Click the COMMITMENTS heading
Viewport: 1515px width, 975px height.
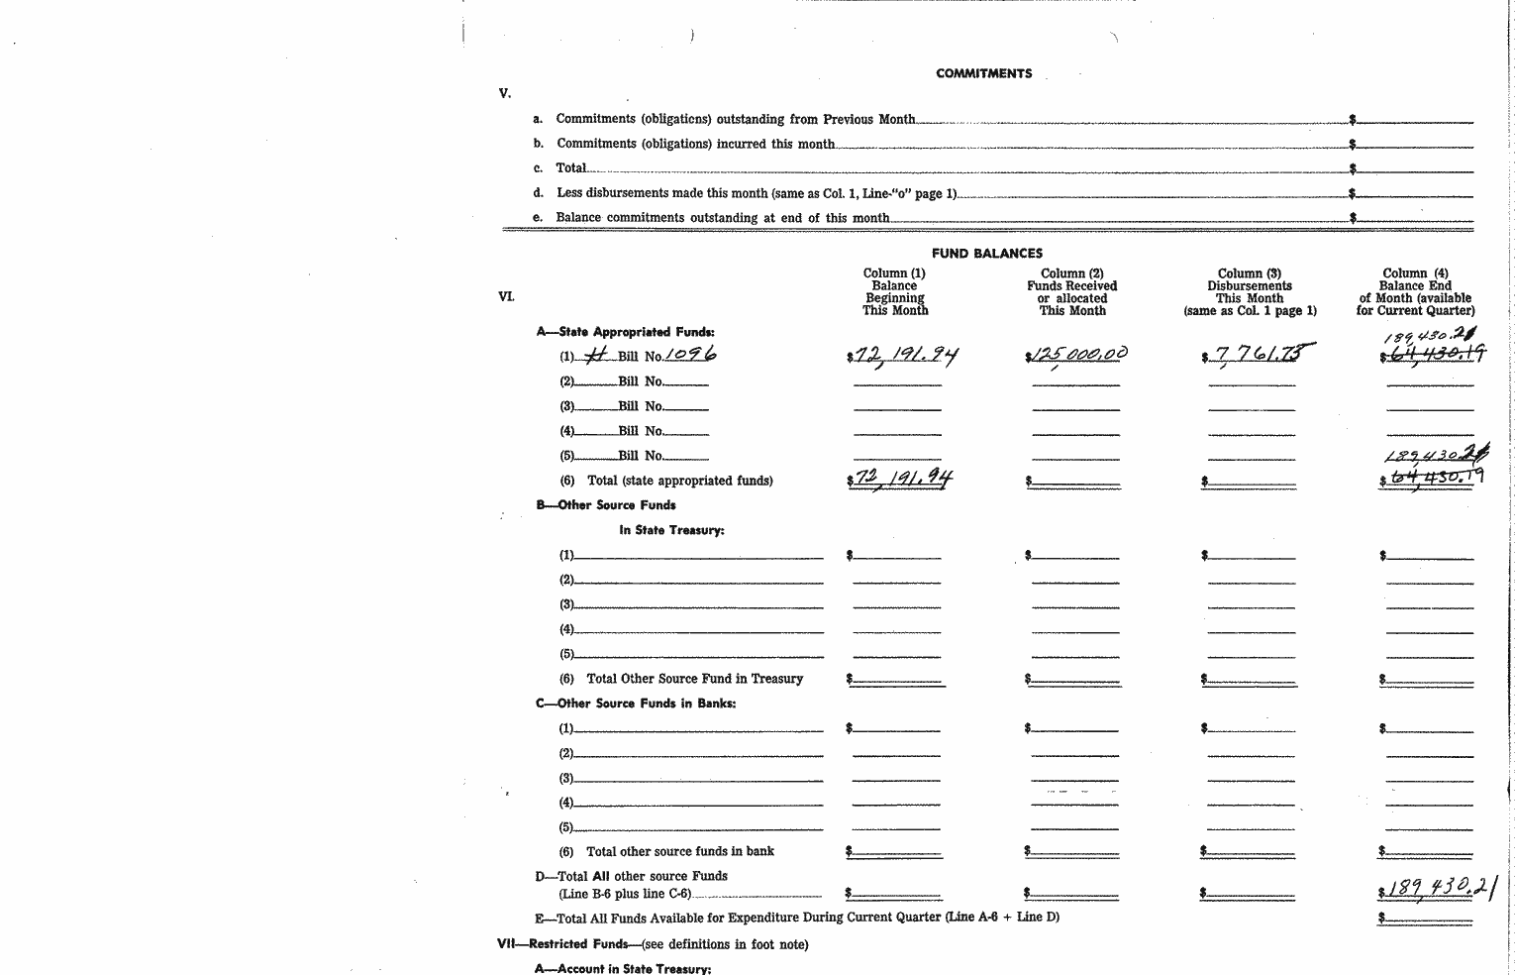pos(983,73)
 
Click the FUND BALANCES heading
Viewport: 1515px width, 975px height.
pos(986,254)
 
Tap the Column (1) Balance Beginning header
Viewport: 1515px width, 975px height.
pos(894,291)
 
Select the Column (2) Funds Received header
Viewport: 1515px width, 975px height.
pos(1071,291)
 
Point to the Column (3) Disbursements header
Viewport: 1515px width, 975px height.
pos(1250,291)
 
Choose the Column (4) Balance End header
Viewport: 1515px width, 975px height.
pos(1415,291)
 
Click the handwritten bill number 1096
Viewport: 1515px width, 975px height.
pos(690,355)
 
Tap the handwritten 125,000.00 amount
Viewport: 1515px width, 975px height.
pos(1077,354)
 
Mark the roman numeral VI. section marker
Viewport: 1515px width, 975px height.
pos(506,296)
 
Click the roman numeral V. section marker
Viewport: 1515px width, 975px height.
pos(505,94)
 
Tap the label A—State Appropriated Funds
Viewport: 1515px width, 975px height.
pos(626,332)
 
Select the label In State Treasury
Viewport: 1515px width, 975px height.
pos(671,530)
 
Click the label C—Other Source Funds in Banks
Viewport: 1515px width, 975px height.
pos(636,704)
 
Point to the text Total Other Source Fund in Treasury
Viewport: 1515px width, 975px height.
pos(694,679)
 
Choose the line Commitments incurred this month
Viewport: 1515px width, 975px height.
pos(695,144)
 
